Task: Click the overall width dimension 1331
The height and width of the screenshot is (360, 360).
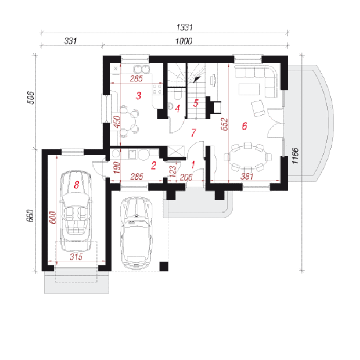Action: tap(184, 27)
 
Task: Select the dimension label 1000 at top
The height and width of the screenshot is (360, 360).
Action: tap(184, 42)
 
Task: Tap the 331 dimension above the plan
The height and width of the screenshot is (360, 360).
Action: tap(70, 41)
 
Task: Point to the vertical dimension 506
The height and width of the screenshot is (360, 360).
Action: tap(30, 98)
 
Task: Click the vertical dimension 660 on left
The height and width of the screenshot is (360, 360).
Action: tap(30, 215)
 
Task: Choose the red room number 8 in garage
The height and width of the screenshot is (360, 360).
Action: tap(76, 185)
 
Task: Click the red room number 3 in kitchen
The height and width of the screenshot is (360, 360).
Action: tap(138, 95)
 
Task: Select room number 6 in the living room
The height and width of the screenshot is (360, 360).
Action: tap(244, 126)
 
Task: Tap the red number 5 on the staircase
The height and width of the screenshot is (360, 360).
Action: tap(196, 103)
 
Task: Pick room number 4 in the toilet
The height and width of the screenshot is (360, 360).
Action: tap(177, 109)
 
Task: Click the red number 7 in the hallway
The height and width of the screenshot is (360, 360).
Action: tap(193, 133)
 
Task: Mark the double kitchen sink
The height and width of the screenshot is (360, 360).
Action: tap(142, 69)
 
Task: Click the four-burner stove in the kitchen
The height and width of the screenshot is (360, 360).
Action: tap(157, 89)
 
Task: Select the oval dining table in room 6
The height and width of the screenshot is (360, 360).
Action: tap(248, 157)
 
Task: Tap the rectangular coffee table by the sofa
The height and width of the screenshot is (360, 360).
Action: tap(249, 89)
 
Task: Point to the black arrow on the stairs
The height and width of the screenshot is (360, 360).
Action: tap(197, 80)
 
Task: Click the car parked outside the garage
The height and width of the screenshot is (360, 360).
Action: tap(136, 233)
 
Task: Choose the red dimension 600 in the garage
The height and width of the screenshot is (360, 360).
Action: tap(53, 217)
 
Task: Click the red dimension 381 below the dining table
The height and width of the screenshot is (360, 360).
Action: tap(247, 176)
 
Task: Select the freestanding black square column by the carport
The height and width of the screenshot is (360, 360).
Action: tap(164, 266)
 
